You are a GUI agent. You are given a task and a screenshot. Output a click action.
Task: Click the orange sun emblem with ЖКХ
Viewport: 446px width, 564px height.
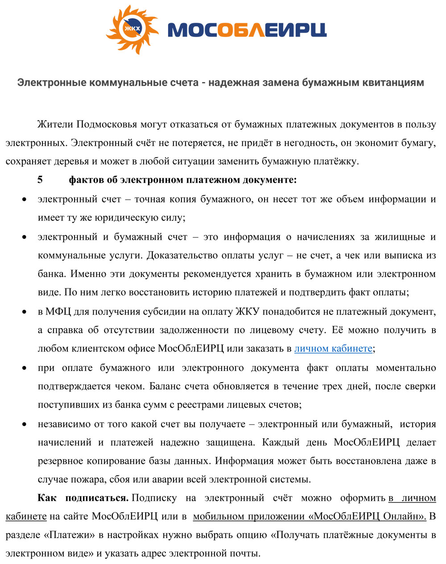pos(132,29)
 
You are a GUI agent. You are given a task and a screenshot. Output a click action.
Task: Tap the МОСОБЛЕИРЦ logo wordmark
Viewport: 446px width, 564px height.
pos(247,29)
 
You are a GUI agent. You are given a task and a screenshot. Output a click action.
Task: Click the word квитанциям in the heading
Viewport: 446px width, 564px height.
pos(391,82)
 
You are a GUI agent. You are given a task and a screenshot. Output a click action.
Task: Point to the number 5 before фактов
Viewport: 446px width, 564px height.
pos(40,180)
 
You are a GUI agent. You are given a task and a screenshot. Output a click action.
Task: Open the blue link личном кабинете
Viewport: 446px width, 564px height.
pos(333,349)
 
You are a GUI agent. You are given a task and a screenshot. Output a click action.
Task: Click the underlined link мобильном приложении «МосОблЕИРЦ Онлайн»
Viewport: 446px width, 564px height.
pos(310,517)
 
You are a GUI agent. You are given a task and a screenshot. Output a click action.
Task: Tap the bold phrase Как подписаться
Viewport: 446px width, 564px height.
pos(83,498)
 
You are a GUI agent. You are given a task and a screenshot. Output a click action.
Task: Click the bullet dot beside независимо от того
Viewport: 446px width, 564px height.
pos(25,424)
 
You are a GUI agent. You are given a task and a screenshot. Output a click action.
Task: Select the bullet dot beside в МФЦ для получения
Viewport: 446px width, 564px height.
pos(25,312)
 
